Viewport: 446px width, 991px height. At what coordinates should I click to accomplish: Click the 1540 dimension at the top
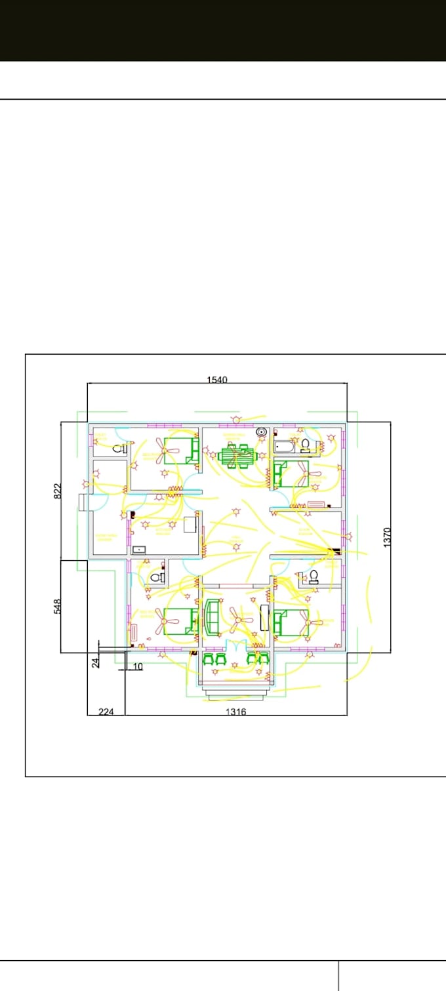[217, 380]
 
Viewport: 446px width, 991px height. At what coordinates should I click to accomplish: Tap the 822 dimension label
[57, 491]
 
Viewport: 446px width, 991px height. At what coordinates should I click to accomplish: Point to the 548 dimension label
[57, 606]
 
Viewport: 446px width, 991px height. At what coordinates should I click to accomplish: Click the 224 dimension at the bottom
[106, 712]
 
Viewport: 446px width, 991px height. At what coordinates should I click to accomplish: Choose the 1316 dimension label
[235, 712]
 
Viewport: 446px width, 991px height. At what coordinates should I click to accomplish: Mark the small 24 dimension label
[95, 662]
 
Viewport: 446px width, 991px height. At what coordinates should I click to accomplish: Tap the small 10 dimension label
[138, 667]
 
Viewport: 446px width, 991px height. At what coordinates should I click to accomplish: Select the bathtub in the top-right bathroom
[285, 447]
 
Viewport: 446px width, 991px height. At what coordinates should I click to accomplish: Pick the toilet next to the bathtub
[305, 446]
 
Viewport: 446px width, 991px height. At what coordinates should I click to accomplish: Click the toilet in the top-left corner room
[119, 449]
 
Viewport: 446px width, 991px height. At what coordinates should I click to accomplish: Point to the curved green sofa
[213, 617]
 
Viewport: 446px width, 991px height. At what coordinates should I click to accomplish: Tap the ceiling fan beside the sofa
[240, 618]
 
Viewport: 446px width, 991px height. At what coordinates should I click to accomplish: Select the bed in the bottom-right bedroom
[290, 620]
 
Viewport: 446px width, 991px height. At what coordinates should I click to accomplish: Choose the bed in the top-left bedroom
[182, 451]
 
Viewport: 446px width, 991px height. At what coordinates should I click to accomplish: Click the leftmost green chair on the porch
[210, 658]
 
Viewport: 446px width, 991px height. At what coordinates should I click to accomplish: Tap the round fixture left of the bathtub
[262, 432]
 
